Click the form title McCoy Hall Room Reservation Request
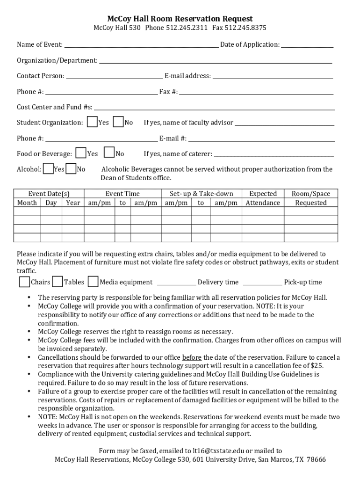click(x=180, y=19)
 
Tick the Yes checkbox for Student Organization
click(x=93, y=122)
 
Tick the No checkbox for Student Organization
click(x=118, y=122)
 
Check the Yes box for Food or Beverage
click(x=81, y=153)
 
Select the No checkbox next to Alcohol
click(x=71, y=169)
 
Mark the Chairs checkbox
click(x=24, y=282)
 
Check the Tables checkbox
click(x=58, y=282)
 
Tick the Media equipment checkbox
click(x=93, y=282)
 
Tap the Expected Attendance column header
click(x=263, y=198)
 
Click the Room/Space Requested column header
click(x=311, y=198)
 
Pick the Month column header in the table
click(x=27, y=203)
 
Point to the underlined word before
click(x=192, y=357)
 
